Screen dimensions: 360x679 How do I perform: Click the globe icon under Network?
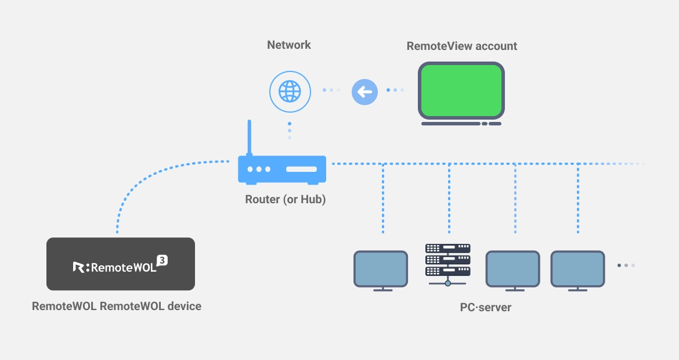click(289, 91)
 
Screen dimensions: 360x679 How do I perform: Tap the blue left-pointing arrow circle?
click(364, 92)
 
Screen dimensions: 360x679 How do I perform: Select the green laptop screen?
click(461, 90)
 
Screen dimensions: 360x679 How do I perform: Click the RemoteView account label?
click(461, 46)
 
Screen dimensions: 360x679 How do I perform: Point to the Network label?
click(289, 45)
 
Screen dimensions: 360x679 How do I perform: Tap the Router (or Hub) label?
click(286, 199)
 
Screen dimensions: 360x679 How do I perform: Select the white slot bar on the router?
click(301, 169)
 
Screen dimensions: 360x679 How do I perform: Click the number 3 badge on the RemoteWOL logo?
click(162, 260)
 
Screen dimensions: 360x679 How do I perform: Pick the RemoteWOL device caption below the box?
click(117, 305)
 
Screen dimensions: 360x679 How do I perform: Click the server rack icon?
click(447, 261)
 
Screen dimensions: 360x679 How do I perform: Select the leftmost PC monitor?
click(381, 269)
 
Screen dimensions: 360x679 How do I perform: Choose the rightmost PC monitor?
click(577, 269)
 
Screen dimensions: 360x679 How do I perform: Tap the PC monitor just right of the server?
click(512, 269)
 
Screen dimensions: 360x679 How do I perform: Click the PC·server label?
click(485, 307)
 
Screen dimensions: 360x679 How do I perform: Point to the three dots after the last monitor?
click(626, 265)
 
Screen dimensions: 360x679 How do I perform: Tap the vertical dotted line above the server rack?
click(449, 197)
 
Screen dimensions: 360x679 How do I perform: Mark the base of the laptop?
click(461, 123)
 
